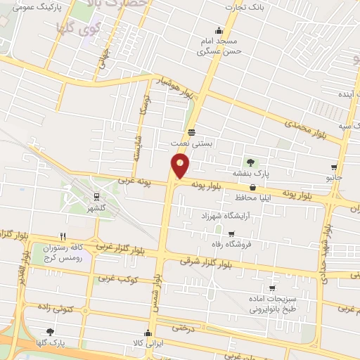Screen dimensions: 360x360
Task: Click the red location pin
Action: point(181,166)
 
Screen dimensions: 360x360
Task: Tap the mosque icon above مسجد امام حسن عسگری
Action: point(219,30)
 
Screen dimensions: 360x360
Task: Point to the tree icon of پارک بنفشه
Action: point(251,162)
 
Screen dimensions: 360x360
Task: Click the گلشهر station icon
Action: point(95,197)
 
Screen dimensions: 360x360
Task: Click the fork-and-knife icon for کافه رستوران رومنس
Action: point(63,236)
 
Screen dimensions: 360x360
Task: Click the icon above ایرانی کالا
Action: point(148,333)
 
